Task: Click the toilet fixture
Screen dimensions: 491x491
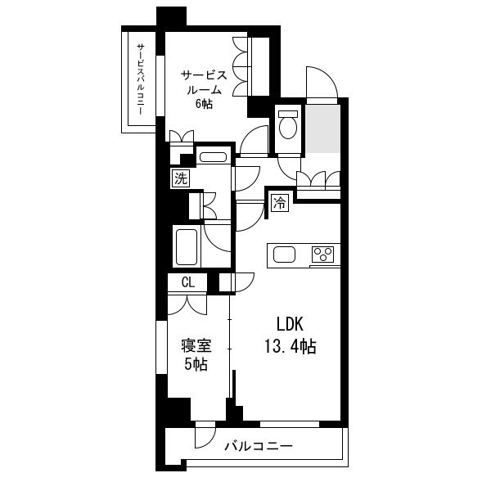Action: point(288,125)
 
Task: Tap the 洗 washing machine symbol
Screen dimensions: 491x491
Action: point(181,178)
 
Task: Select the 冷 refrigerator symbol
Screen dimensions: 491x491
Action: point(280,203)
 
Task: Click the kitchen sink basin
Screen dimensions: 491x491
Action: point(284,255)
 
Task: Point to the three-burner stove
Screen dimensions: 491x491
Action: point(323,255)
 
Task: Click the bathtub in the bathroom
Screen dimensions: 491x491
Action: point(187,247)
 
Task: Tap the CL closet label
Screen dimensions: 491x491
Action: point(188,282)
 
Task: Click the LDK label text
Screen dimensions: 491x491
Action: point(290,324)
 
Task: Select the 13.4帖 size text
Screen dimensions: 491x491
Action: point(291,346)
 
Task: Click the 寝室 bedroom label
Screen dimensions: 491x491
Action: point(196,346)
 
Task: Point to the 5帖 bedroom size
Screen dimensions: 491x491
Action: point(196,364)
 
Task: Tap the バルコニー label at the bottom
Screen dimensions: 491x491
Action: point(259,446)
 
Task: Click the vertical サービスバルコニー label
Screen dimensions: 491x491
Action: point(141,79)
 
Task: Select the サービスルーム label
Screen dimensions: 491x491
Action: point(204,83)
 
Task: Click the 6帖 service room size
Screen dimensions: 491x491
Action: point(204,103)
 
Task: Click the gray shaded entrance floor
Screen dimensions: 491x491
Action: point(323,129)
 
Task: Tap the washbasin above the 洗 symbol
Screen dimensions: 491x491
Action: point(213,157)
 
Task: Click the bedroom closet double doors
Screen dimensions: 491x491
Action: point(187,304)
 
